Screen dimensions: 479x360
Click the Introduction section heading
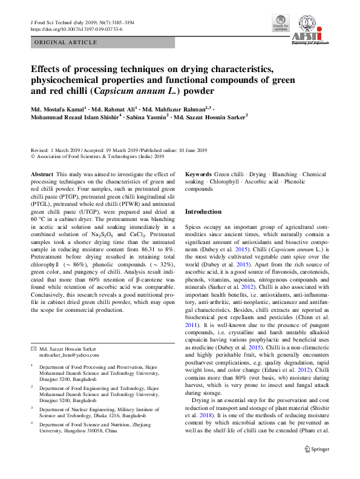click(x=203, y=211)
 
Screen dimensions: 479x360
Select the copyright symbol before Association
click(x=33, y=156)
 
